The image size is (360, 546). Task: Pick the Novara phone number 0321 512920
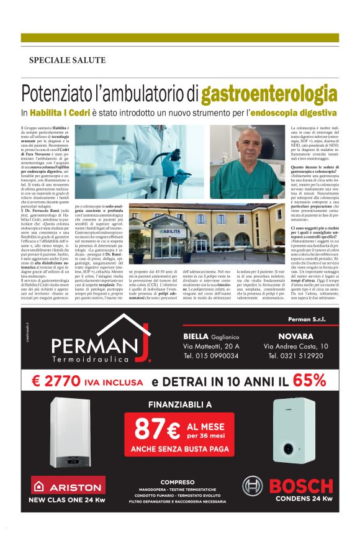tap(295, 356)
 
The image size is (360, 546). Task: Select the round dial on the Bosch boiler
tap(289, 448)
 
